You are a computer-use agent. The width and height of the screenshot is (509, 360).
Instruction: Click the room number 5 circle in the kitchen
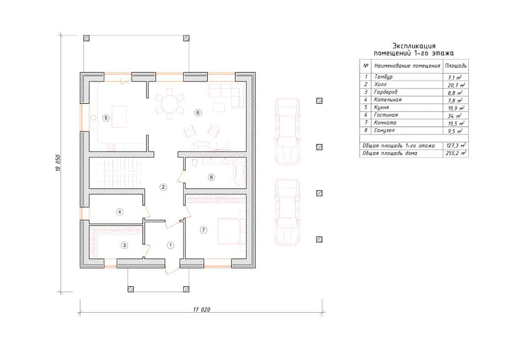pos(106,118)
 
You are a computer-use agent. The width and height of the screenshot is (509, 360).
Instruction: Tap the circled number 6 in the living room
pos(198,113)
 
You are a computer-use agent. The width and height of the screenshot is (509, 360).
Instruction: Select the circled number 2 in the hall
pos(164,187)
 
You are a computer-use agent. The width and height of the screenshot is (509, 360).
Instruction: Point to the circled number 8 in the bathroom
pos(211,177)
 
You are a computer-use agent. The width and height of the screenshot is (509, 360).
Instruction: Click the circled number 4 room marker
pos(120,212)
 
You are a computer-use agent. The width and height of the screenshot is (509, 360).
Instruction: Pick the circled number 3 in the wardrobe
pos(125,245)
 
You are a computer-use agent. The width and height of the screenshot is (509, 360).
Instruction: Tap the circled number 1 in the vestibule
pos(171,245)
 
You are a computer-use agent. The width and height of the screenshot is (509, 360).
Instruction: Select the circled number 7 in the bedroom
pos(203,230)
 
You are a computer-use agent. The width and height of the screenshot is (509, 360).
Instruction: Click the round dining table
pos(170,104)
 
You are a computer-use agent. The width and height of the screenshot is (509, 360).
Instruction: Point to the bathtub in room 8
pos(240,172)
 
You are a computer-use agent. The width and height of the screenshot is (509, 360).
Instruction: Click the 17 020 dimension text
pos(201,309)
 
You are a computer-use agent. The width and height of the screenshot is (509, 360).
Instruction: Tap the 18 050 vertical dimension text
pos(58,163)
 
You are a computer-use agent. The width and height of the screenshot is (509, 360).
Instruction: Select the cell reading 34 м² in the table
pos(454,116)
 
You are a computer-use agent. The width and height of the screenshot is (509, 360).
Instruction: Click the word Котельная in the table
pos(387,100)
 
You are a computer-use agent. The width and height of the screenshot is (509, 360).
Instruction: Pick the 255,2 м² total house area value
pos(456,153)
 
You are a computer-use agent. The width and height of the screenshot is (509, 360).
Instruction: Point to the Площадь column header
pos(456,66)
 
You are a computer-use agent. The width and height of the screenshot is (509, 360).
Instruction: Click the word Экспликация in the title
pos(414,45)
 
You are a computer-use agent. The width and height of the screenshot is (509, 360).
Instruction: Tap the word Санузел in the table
pos(384,130)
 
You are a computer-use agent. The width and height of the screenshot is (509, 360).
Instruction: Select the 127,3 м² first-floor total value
pos(456,146)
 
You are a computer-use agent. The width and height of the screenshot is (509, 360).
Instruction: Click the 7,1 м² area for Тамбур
pos(455,77)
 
